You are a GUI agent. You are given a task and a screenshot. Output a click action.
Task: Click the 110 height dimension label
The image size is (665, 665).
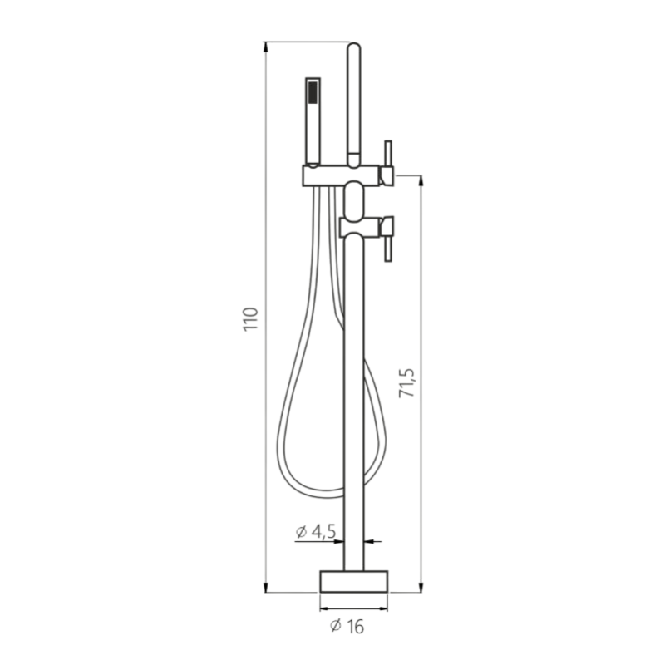251,319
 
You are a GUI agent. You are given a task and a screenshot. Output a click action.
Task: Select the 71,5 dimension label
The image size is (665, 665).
406,383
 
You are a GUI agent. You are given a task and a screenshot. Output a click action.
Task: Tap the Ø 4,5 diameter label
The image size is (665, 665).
316,532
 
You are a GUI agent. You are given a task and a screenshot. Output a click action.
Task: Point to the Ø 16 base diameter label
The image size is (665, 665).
347,627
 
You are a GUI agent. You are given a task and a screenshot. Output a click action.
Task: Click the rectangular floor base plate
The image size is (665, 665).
354,581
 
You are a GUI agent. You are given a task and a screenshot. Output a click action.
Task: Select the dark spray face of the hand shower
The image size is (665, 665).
313,92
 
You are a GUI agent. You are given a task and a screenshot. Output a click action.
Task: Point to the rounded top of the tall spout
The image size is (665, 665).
354,47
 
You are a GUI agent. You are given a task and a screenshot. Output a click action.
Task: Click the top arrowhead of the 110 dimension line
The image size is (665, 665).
266,47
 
